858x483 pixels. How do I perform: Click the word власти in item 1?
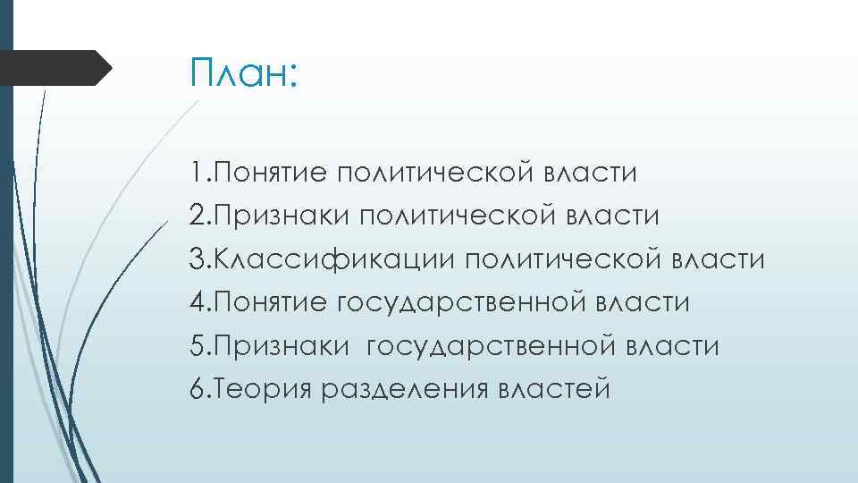click(591, 173)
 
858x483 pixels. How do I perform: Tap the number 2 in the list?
click(197, 216)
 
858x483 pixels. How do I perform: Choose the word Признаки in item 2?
click(279, 216)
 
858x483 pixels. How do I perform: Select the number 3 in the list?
click(197, 259)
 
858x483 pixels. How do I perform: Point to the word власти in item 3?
click(718, 259)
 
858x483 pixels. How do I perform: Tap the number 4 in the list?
click(197, 302)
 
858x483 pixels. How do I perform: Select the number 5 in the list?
click(197, 346)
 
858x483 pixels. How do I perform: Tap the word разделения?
click(401, 389)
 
